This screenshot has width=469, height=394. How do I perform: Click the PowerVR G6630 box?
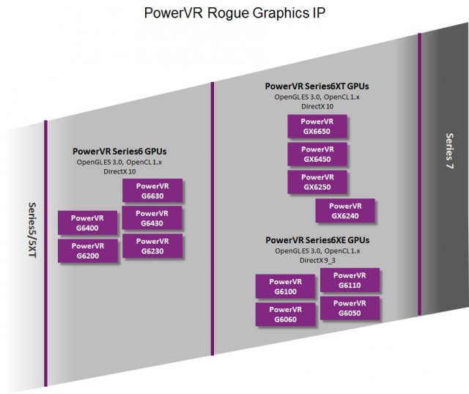(152, 191)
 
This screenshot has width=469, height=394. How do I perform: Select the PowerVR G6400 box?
(87, 223)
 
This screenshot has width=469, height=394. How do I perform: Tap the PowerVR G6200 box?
(87, 250)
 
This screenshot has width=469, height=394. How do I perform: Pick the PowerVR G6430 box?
(152, 218)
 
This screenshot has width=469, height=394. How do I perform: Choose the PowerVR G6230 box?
(152, 246)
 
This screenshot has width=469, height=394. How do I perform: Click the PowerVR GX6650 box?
(317, 126)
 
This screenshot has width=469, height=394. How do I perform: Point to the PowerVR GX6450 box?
(317, 154)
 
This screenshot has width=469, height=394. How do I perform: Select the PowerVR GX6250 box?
(317, 182)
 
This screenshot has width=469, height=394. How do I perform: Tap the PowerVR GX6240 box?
(345, 211)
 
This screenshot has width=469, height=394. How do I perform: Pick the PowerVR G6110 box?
(350, 280)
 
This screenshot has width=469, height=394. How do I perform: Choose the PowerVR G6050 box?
(350, 308)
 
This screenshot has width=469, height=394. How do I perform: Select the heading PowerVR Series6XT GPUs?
(317, 86)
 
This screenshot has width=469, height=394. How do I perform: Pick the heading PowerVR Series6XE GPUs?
(317, 239)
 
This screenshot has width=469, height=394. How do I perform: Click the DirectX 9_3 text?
(317, 260)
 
